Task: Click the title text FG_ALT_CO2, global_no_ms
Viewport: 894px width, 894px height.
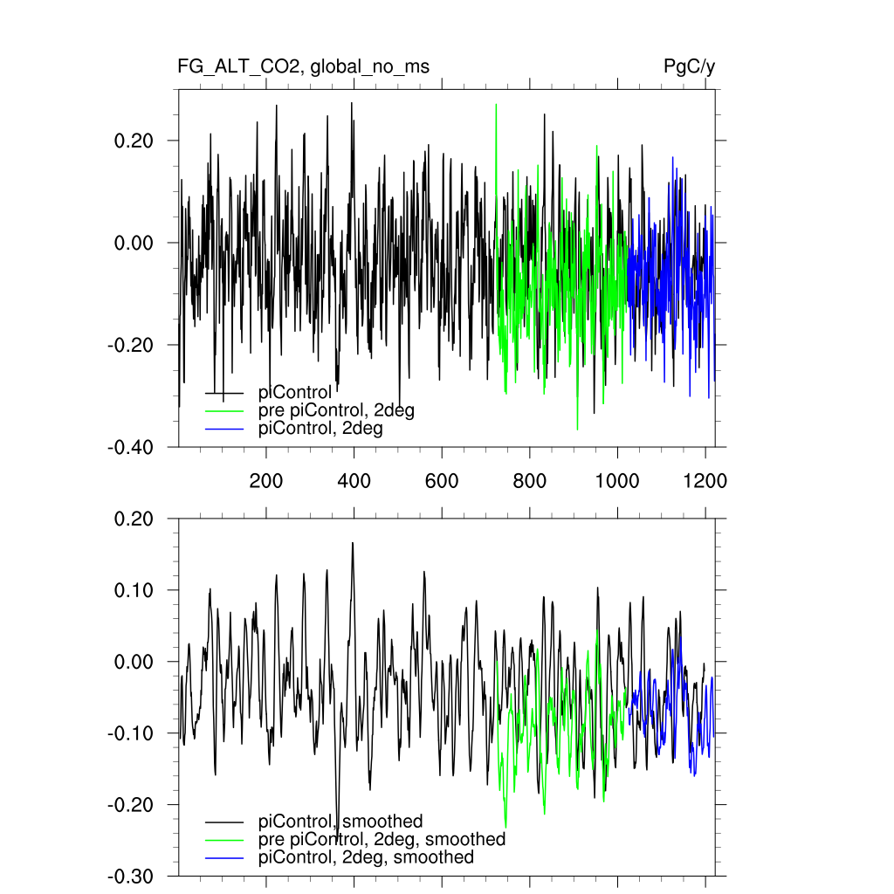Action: coord(303,67)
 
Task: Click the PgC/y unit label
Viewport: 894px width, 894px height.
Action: coord(689,67)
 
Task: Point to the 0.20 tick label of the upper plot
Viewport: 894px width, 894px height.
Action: coord(134,141)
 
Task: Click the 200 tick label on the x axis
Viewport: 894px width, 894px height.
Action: coord(266,480)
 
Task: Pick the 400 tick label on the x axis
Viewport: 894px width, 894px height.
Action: coord(354,480)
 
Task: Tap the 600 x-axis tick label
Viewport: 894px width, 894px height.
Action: coord(442,480)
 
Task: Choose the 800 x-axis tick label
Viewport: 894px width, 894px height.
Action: coord(530,480)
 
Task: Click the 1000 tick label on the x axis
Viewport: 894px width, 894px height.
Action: coord(617,480)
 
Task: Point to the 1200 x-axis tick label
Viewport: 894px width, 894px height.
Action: coord(705,480)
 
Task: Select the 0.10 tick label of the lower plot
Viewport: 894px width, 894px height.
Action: coord(134,590)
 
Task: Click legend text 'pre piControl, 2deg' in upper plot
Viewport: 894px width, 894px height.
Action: coord(336,410)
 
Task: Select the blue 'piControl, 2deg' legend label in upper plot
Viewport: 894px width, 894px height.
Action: coord(320,429)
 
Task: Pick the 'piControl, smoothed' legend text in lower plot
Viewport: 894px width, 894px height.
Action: coord(340,821)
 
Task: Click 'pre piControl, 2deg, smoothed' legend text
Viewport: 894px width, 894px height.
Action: coord(382,839)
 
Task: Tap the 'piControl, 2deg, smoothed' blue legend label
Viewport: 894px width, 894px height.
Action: coord(366,857)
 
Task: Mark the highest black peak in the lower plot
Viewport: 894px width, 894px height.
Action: coord(353,543)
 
